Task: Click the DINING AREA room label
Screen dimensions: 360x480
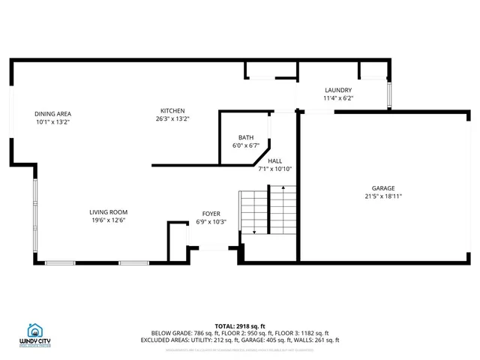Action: pyautogui.click(x=52, y=113)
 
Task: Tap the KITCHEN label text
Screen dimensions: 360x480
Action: pyautogui.click(x=172, y=110)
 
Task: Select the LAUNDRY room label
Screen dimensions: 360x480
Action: pyautogui.click(x=337, y=90)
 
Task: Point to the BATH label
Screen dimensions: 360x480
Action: pyautogui.click(x=246, y=137)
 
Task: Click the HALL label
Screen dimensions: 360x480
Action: pyautogui.click(x=274, y=160)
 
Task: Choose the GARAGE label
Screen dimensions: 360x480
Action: pyautogui.click(x=382, y=188)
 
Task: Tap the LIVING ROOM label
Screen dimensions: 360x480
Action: pyautogui.click(x=109, y=211)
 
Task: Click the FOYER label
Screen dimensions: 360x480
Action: pyautogui.click(x=211, y=214)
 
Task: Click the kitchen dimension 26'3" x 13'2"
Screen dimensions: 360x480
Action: pyautogui.click(x=172, y=118)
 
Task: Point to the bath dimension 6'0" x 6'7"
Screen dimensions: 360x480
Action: pyautogui.click(x=246, y=145)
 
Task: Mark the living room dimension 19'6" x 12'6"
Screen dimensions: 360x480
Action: pyautogui.click(x=109, y=220)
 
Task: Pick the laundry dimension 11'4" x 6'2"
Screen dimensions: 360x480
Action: pyautogui.click(x=337, y=98)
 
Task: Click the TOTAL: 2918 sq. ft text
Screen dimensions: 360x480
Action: pyautogui.click(x=240, y=325)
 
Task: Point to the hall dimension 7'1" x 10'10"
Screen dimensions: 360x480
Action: pyautogui.click(x=274, y=169)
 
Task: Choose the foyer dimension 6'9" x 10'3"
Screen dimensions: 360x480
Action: pyautogui.click(x=211, y=222)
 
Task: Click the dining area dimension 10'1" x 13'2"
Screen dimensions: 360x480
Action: pyautogui.click(x=52, y=121)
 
